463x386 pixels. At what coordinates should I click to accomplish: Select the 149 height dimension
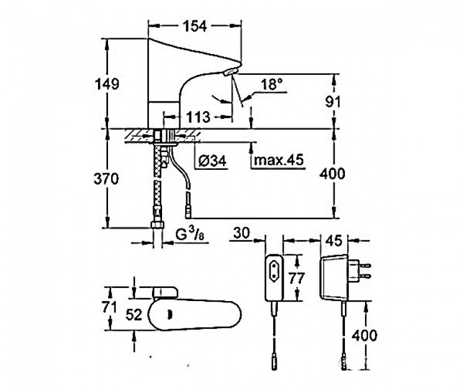(x=107, y=84)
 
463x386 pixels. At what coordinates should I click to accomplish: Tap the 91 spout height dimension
(x=333, y=102)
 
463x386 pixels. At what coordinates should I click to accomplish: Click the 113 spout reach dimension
(x=198, y=117)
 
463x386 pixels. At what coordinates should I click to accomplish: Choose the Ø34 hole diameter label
(x=213, y=161)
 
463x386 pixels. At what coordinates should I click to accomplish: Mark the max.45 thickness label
(x=278, y=160)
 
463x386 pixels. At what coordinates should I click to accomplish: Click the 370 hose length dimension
(x=106, y=179)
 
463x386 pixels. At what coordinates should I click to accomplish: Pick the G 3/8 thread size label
(x=190, y=235)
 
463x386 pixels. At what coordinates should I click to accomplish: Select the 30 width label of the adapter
(x=241, y=233)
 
